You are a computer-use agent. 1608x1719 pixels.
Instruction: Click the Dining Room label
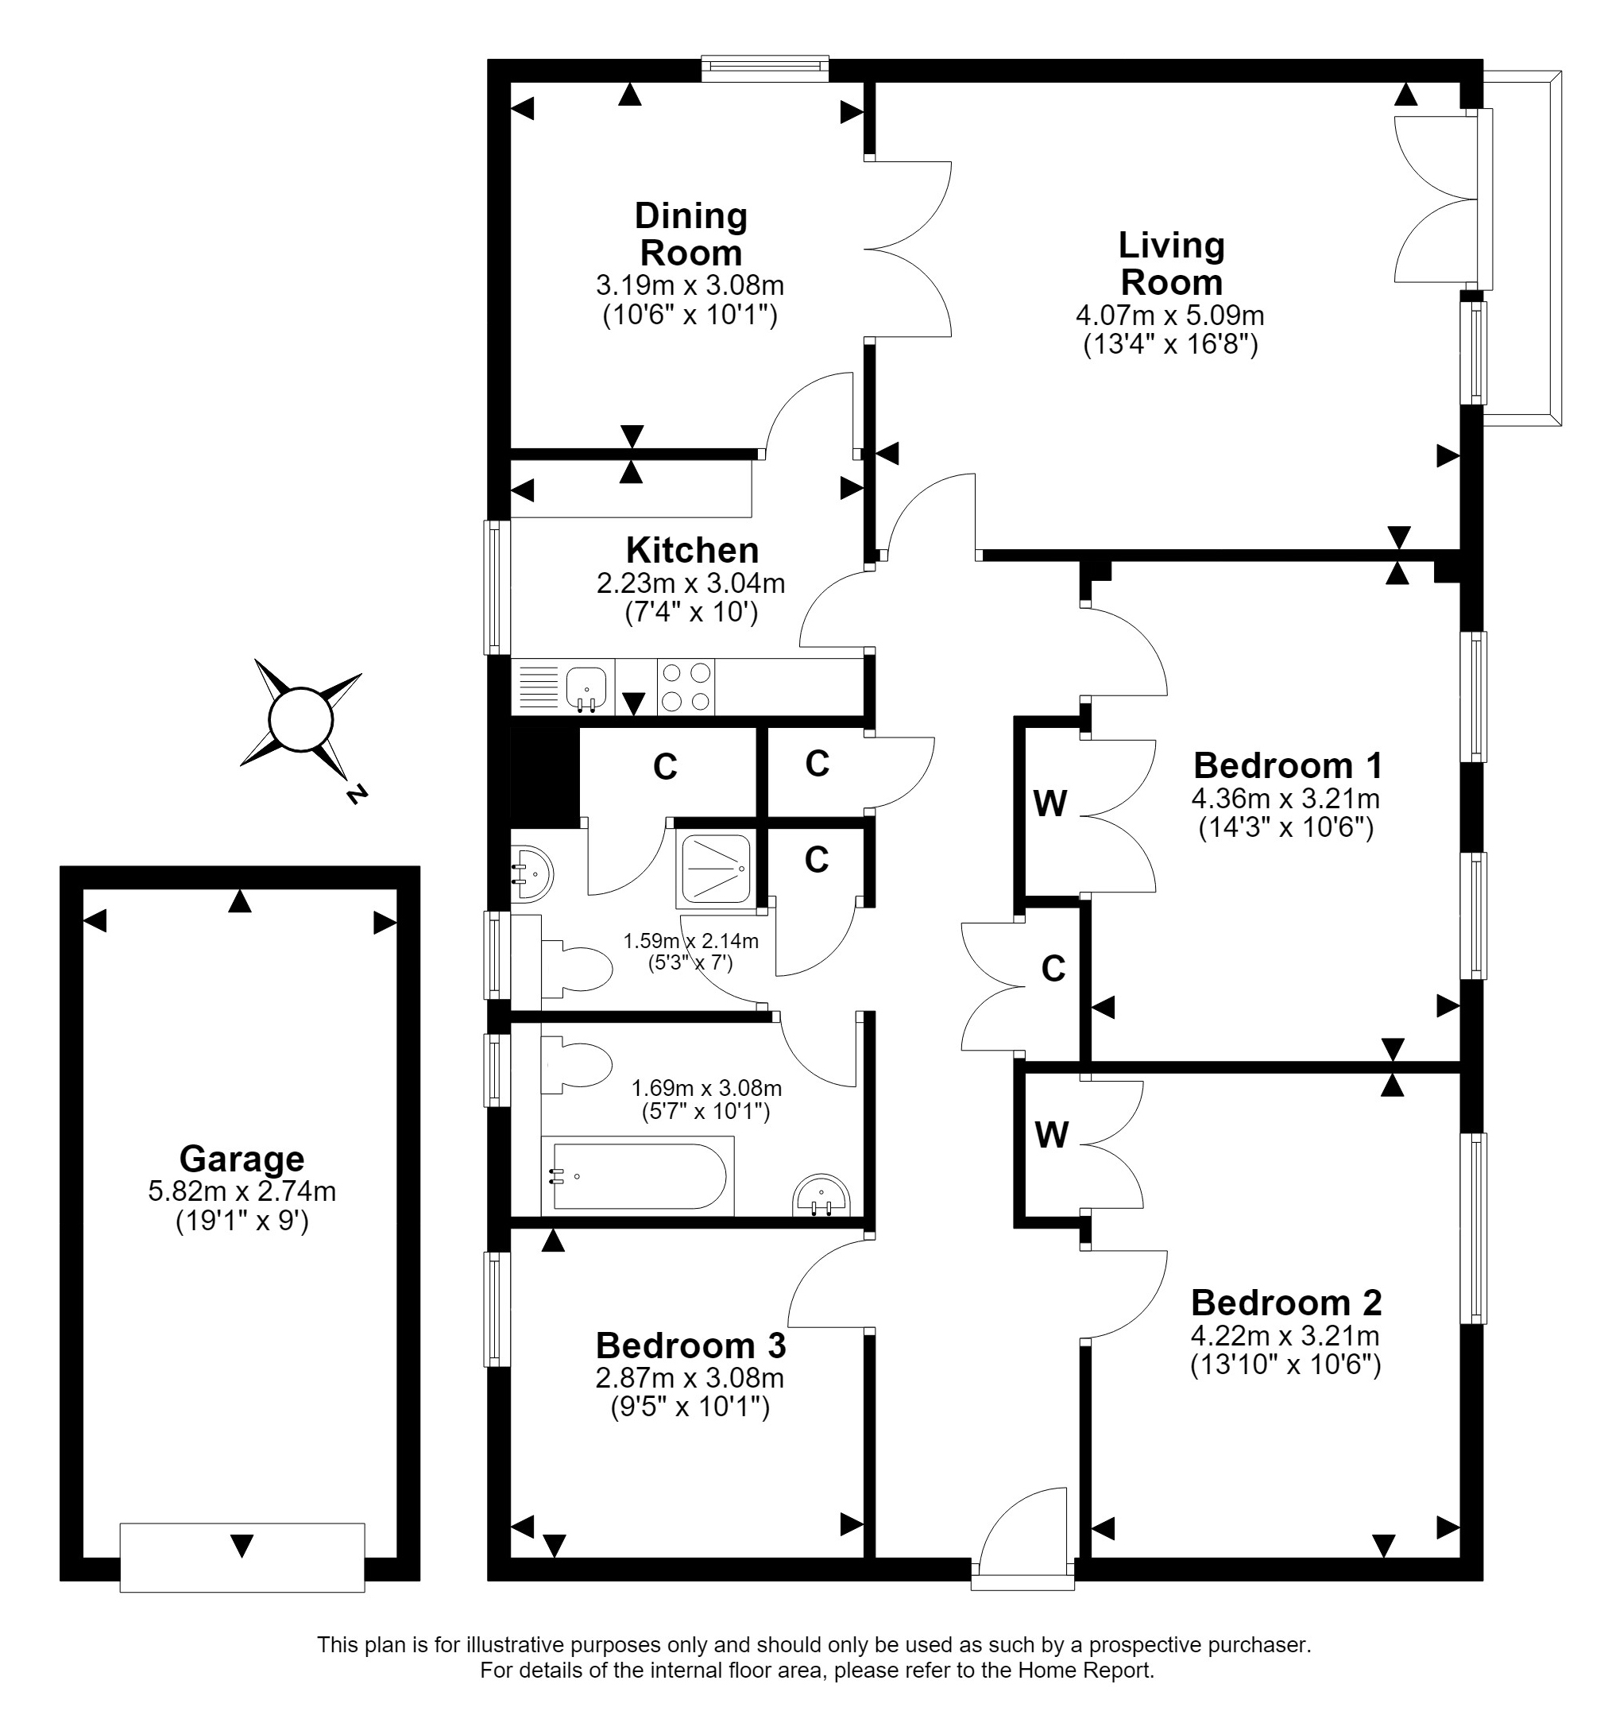point(690,234)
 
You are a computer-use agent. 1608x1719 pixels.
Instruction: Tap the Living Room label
point(1171,264)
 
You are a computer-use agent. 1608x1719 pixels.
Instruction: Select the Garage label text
point(242,1158)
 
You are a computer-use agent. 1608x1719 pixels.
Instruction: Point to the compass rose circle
point(301,718)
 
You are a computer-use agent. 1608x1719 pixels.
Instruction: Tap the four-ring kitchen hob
point(686,687)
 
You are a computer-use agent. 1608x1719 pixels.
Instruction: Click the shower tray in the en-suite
point(715,867)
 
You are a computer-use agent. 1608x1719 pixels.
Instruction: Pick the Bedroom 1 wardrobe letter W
point(1050,804)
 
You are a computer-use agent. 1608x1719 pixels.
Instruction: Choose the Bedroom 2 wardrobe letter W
point(1051,1136)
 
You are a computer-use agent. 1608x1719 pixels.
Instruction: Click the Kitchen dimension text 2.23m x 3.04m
point(690,583)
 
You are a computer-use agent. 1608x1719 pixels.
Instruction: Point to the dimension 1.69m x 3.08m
point(706,1089)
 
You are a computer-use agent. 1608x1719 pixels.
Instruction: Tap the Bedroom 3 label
point(690,1345)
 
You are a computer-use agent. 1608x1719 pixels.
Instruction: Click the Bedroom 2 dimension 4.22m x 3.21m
point(1285,1335)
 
